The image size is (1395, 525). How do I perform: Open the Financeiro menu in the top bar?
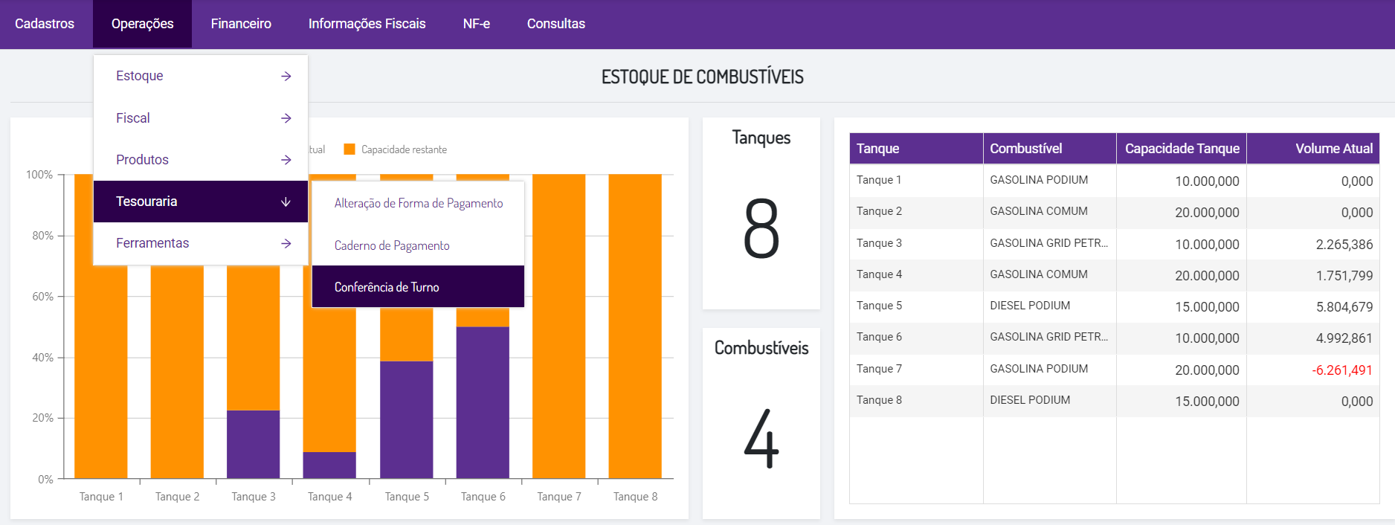240,24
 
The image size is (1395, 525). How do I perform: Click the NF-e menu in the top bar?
476,24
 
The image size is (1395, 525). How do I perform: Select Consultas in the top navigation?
555,24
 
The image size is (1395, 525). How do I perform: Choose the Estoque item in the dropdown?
140,76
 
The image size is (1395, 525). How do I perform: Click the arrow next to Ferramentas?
286,244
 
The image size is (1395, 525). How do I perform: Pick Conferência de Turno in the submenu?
387,287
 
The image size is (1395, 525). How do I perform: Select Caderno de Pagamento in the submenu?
392,245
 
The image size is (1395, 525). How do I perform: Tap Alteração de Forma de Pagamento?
419,203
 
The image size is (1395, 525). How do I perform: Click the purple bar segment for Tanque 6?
483,402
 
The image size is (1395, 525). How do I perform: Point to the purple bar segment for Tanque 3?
253,444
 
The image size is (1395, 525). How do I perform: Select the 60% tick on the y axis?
42,297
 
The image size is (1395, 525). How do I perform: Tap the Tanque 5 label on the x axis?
407,497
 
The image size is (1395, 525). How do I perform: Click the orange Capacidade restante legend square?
349,149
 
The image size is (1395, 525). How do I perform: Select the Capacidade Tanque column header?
1182,149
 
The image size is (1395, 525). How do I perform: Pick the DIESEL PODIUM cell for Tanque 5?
1030,306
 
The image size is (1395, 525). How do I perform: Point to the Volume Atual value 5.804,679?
1344,307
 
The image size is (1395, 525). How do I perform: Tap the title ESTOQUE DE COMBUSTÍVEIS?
702,77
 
